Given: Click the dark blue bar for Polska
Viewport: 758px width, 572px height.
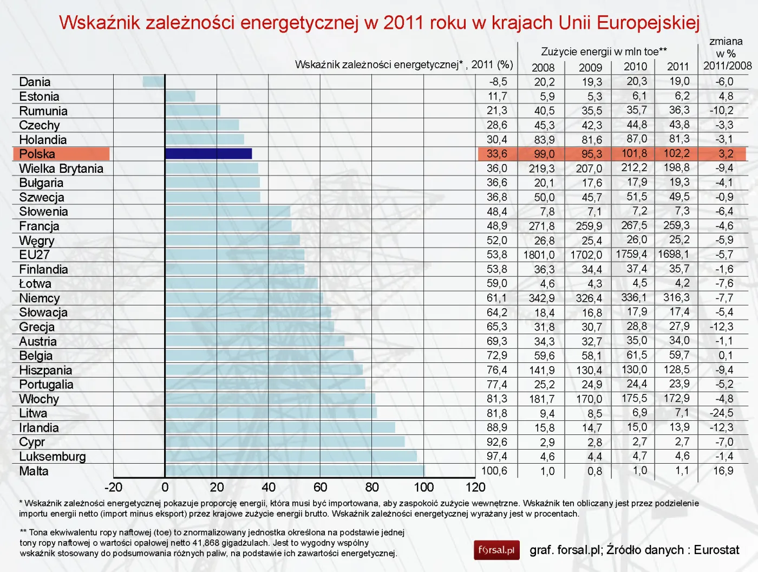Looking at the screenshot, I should point(208,154).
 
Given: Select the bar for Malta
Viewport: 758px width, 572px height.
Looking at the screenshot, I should point(295,471).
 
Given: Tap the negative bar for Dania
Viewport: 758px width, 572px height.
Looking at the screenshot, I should point(154,82).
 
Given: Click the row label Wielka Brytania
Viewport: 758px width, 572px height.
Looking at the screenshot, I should point(61,168).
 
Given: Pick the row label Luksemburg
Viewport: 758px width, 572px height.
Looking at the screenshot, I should point(53,457).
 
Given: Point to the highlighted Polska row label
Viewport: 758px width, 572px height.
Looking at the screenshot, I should point(37,154).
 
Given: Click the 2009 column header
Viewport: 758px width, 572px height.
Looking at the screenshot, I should point(590,67).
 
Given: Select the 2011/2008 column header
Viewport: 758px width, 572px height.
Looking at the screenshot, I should point(727,66).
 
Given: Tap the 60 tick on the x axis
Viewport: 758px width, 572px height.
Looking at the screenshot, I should point(320,487).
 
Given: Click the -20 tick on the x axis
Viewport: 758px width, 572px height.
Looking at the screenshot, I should point(113,487).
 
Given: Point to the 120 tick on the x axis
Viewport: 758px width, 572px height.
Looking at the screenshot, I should point(475,487).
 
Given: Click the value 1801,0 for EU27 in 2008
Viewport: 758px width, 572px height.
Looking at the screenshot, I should point(539,255).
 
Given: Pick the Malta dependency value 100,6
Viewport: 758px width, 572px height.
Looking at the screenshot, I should point(494,471).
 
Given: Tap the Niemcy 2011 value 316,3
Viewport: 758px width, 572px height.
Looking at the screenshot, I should point(676,297).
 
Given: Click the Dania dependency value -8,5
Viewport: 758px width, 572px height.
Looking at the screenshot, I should point(498,82).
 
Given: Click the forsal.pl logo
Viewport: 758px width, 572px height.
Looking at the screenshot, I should point(496,550).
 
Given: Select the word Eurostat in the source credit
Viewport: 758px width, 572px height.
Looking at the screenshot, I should point(716,550).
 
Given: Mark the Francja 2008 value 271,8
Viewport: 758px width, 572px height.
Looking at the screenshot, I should point(541,226).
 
